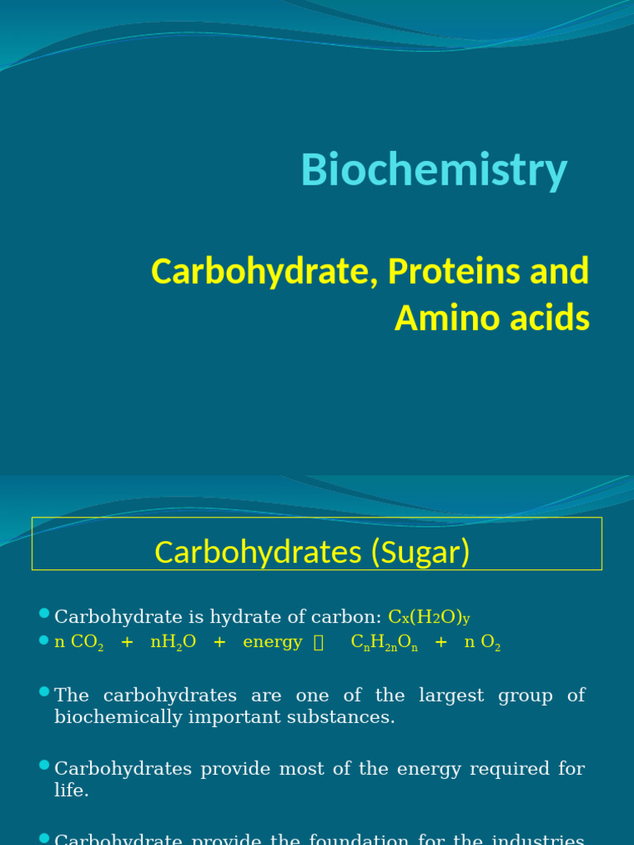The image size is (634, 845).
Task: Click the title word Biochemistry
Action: tap(434, 171)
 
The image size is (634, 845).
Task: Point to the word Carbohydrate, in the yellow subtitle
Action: tap(258, 271)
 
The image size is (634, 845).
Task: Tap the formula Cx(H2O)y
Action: tap(429, 617)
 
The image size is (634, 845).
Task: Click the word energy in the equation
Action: tap(272, 643)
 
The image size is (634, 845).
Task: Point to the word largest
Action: tap(452, 696)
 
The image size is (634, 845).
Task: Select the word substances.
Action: tap(348, 717)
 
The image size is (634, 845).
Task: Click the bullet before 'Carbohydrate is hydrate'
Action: tap(44, 613)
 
